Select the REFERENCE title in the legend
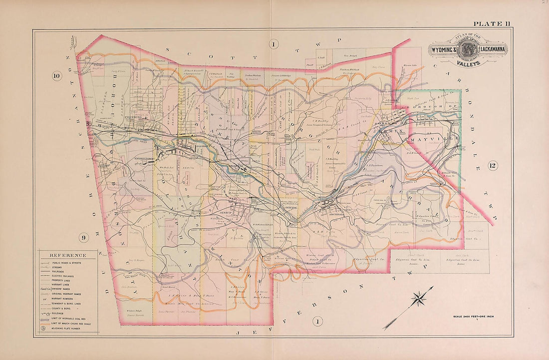tap(67, 255)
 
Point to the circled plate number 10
tap(57, 76)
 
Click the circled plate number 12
tap(493, 166)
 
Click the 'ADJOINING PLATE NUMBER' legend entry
tap(70, 328)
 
